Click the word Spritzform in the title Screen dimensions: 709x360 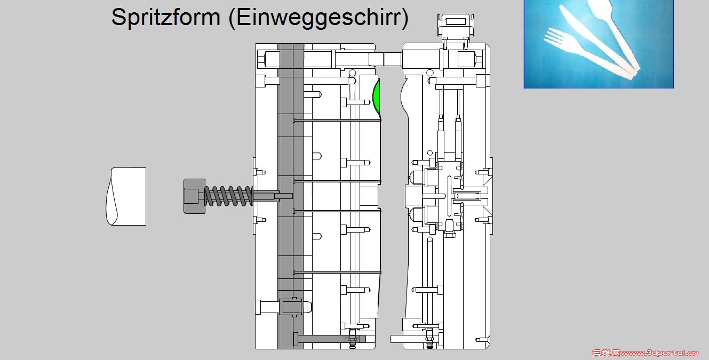[x=165, y=18]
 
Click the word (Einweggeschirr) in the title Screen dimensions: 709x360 [x=318, y=18]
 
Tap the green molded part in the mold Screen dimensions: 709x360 [x=377, y=99]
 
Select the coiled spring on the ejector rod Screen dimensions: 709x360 [x=228, y=196]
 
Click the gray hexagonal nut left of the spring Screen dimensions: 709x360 [x=194, y=196]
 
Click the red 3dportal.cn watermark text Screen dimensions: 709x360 [x=659, y=353]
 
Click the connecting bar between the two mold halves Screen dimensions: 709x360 [x=386, y=59]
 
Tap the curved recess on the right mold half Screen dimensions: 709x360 [x=404, y=98]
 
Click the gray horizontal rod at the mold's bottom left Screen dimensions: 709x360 [x=329, y=339]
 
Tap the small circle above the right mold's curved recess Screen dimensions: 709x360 [x=429, y=73]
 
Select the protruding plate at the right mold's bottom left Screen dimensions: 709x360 [x=397, y=339]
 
